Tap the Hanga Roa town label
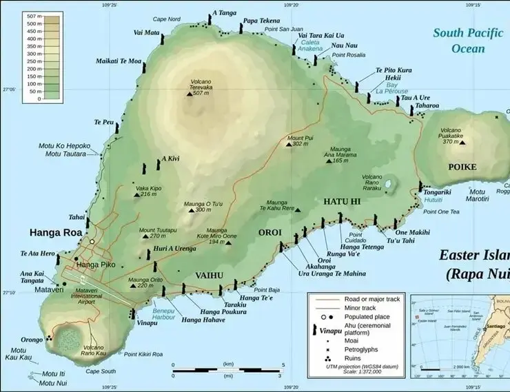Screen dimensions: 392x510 [55, 233]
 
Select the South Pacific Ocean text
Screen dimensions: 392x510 [468, 40]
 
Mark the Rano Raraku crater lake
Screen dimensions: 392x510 [387, 185]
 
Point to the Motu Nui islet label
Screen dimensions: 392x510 [54, 382]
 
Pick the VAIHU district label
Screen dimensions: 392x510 [209, 275]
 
